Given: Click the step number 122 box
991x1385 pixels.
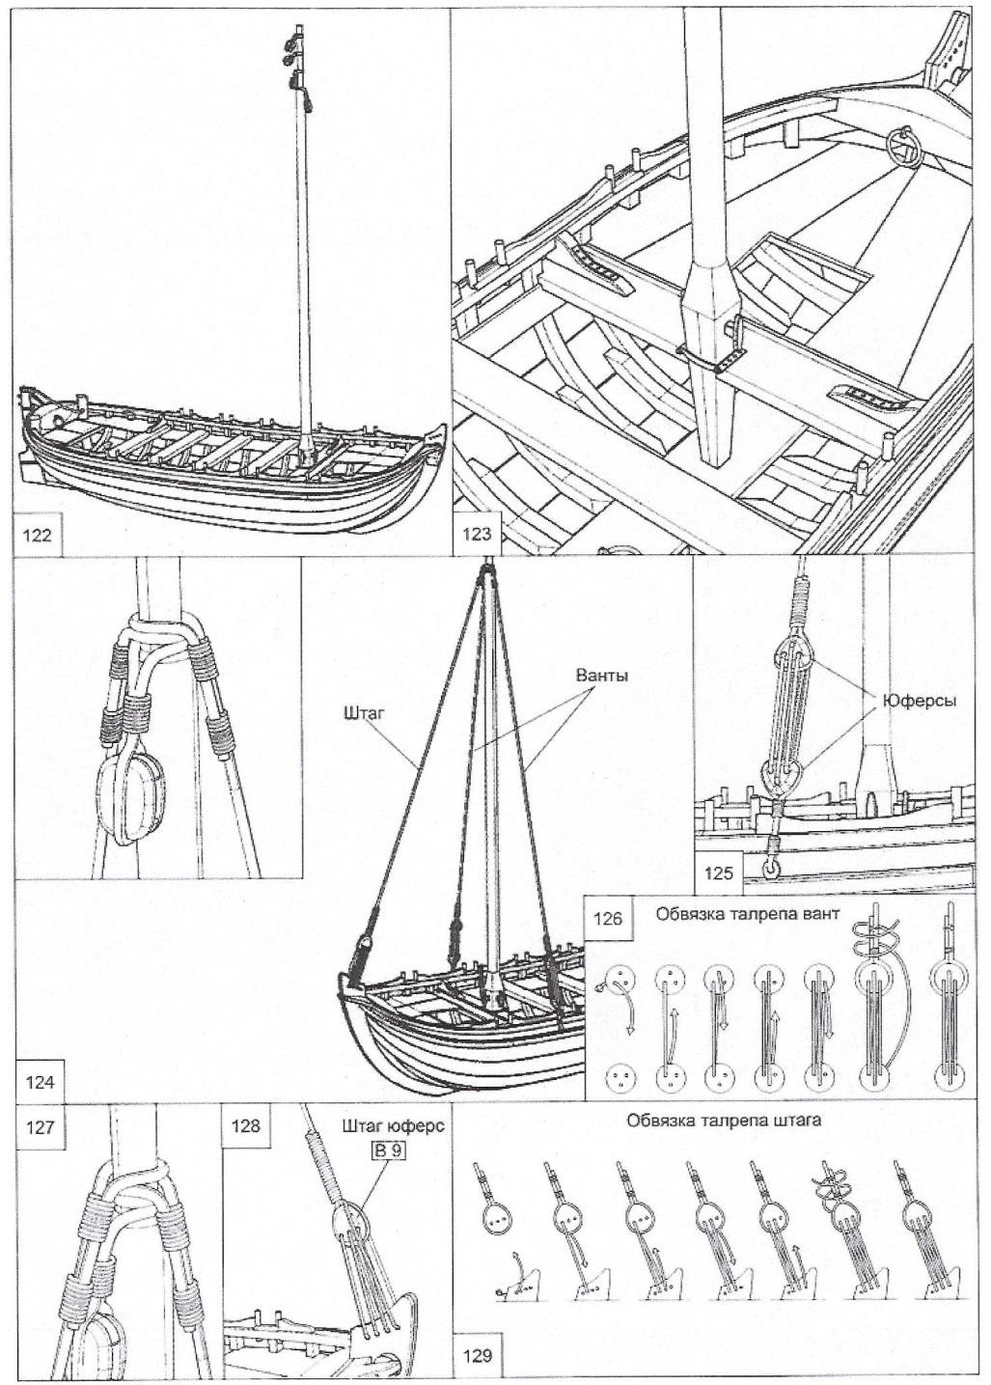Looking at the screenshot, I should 37,535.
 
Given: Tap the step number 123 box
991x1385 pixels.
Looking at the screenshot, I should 478,535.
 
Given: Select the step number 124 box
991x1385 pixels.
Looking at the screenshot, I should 40,1082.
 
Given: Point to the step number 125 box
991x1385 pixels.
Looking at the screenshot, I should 719,874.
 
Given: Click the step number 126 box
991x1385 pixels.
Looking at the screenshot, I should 609,918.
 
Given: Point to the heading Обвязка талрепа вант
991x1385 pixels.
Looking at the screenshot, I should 747,914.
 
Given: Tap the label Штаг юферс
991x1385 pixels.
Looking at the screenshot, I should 393,1126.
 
